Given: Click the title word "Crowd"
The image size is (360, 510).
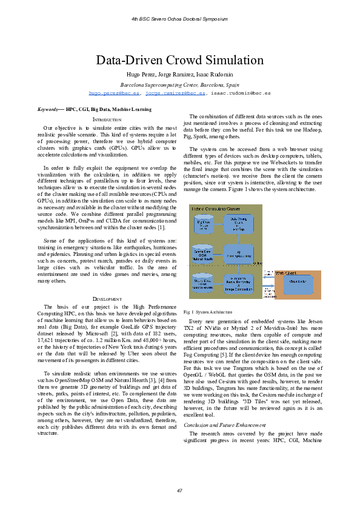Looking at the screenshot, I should (180, 60).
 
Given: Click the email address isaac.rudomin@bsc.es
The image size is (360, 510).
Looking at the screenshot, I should (241, 94).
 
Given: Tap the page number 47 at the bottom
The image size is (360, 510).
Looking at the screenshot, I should (179, 490).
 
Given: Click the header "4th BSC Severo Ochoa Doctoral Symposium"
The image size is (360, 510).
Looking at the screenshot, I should (179, 19).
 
